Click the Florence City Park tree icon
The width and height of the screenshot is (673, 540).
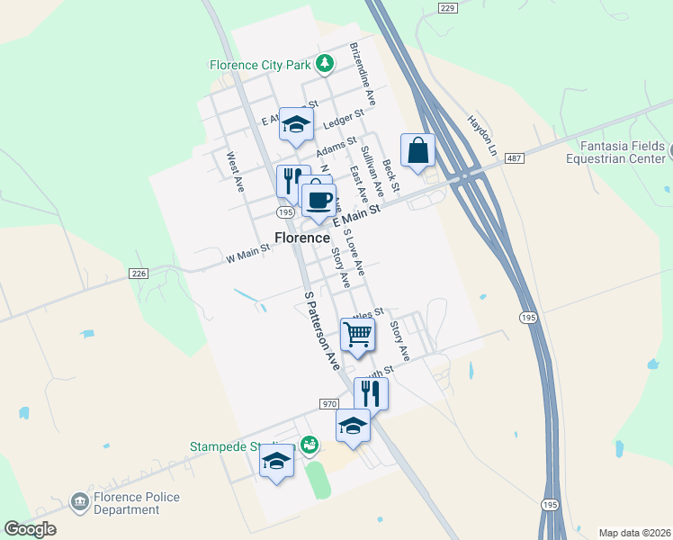325,65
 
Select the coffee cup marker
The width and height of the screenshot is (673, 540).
317,199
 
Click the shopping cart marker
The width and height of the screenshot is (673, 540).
357,335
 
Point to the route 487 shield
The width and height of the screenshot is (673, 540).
514,158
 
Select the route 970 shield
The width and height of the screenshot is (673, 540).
328,404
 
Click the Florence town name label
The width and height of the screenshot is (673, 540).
301,238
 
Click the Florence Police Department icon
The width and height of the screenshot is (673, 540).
79,500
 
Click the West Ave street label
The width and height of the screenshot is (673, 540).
236,171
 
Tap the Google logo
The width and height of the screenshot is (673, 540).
30,529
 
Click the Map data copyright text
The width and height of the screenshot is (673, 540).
633,532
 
